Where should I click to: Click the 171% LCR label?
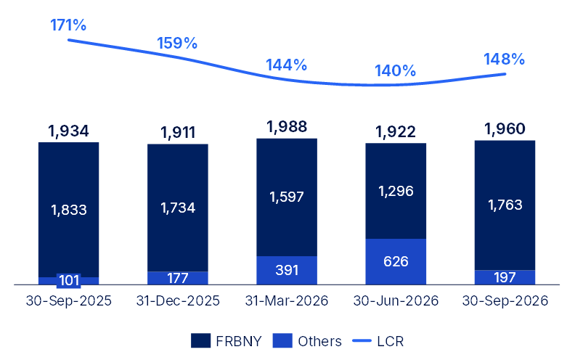coord(68,25)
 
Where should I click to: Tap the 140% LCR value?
coord(395,71)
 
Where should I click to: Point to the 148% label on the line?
coord(504,60)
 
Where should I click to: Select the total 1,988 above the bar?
coord(287,127)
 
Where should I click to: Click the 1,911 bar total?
coord(178,133)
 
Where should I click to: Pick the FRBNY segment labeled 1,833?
coord(69,210)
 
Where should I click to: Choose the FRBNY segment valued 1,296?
coord(396,191)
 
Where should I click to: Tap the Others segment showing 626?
coord(396,262)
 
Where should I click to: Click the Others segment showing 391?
coord(287,270)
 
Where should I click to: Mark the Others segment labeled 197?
coord(505,277)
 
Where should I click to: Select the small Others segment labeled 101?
coord(69,281)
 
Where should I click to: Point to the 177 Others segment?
coord(178,278)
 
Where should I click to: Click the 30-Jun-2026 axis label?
coord(396,300)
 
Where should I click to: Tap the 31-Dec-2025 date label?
coord(178,300)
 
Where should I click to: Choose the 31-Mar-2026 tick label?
coord(287,300)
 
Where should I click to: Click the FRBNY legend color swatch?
coord(200,341)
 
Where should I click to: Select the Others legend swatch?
coord(282,341)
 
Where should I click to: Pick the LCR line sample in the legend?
coord(362,341)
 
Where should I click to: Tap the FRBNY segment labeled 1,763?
coord(505,205)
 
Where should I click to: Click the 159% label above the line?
coord(177,44)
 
